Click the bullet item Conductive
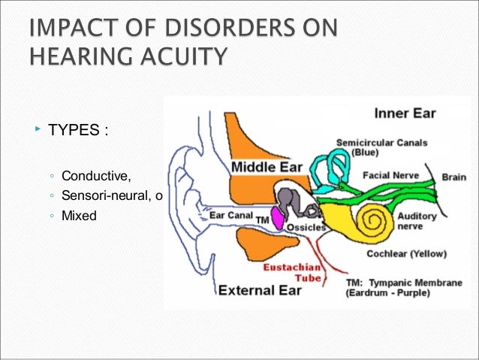[x=96, y=177]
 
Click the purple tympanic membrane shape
[x=277, y=219]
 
